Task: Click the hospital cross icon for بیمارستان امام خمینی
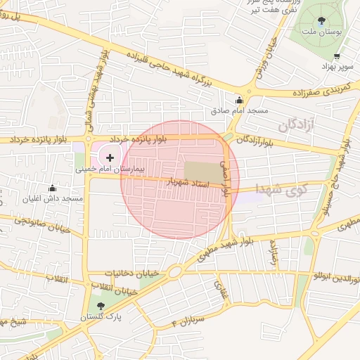click(110, 157)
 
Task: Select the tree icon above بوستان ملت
click(323, 20)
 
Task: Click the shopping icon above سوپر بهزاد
click(337, 56)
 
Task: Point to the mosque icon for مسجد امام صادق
click(239, 100)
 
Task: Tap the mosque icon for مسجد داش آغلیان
click(52, 188)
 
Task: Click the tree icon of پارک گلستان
click(101, 306)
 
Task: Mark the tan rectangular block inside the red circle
click(202, 171)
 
